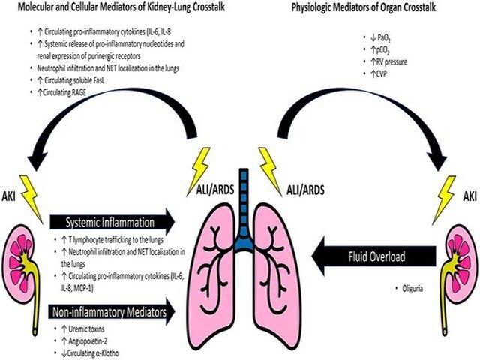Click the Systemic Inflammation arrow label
click(110, 223)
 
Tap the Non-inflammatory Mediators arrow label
click(109, 312)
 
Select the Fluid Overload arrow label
click(376, 256)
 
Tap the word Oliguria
click(412, 288)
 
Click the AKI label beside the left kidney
click(8, 196)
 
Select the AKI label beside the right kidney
click(470, 196)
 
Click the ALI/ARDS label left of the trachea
click(215, 190)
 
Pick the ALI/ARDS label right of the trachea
click(305, 190)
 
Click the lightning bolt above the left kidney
click(31, 198)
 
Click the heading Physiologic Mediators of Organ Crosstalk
click(364, 7)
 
